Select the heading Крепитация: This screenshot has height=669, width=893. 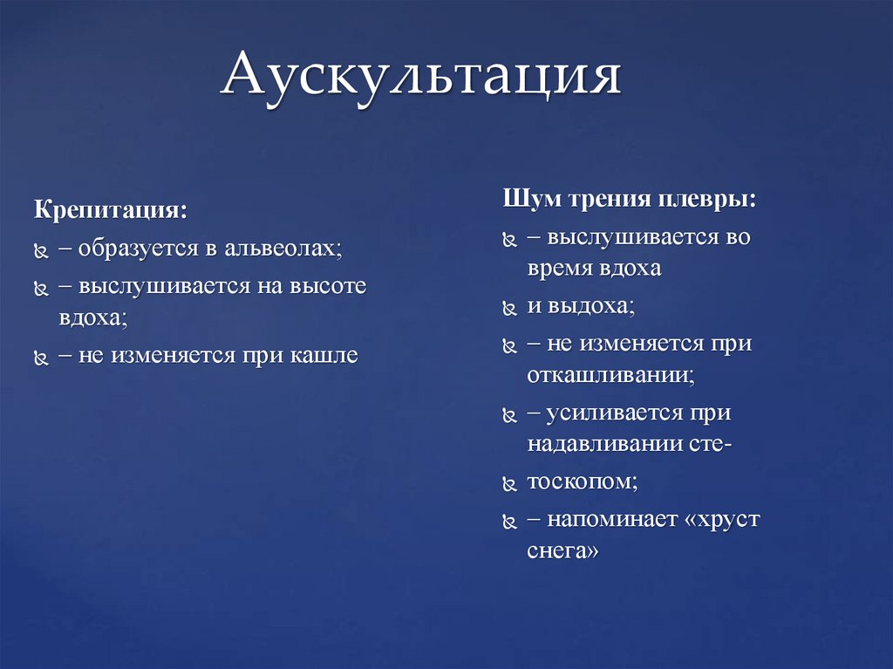[110, 211]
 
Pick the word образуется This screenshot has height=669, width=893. [140, 249]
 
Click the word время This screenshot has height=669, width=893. [559, 269]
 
